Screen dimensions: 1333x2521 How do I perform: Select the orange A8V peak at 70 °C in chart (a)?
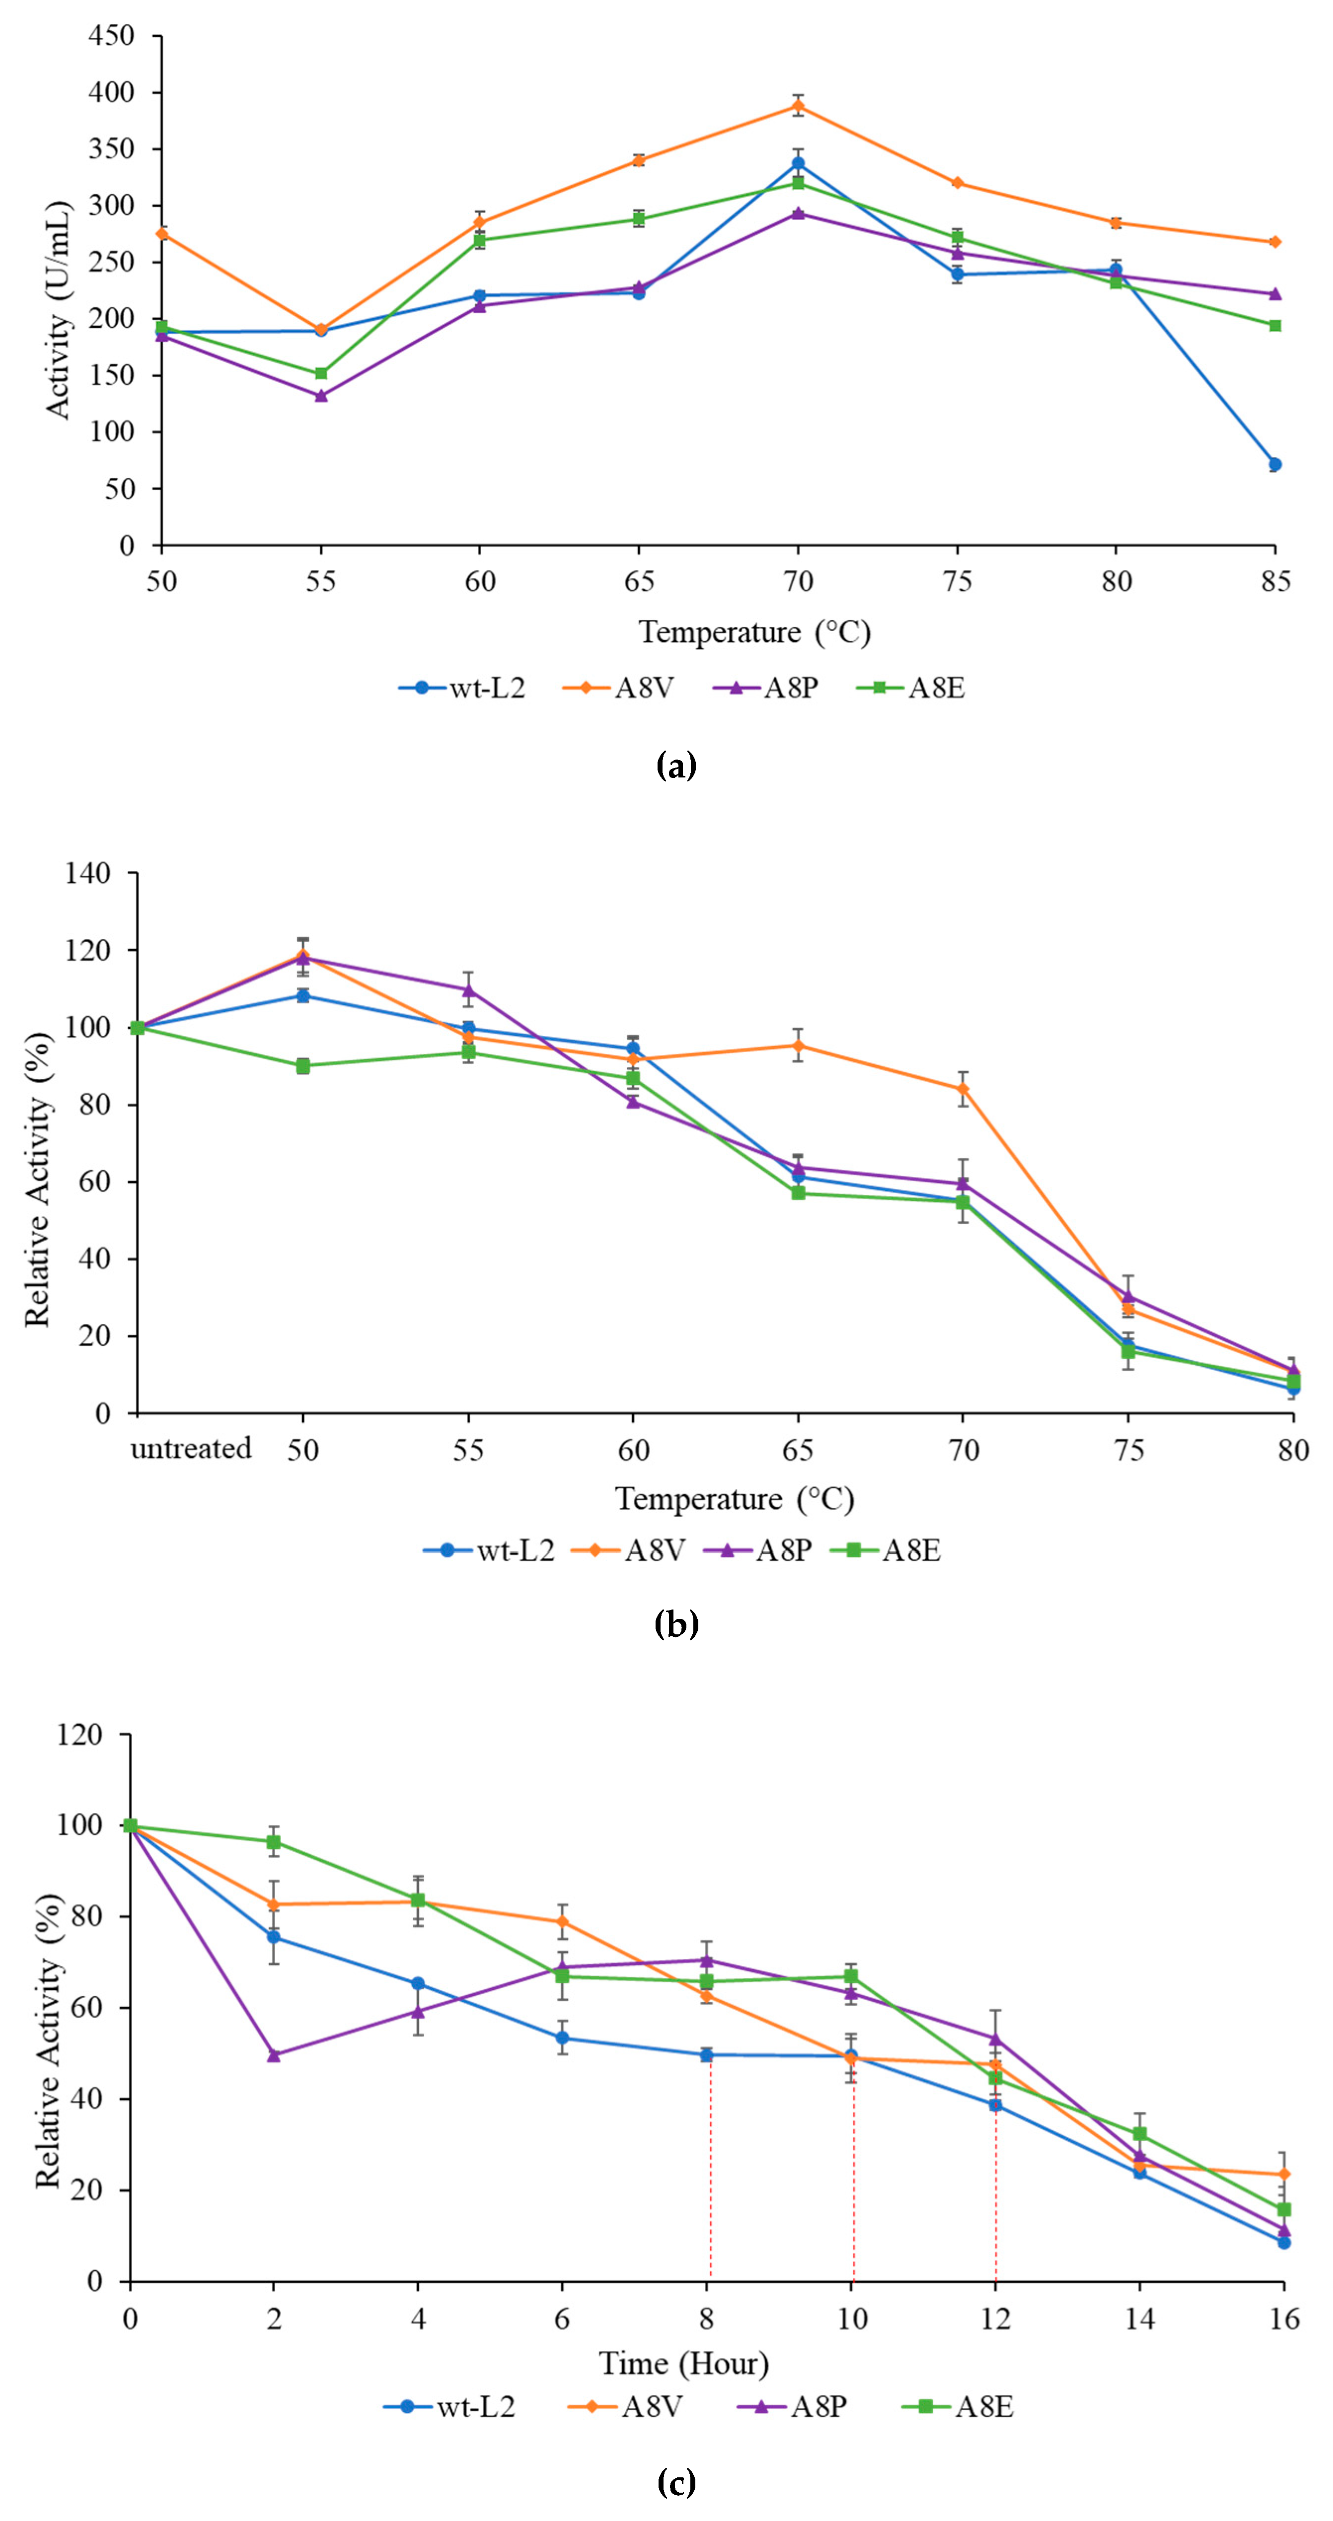tap(798, 106)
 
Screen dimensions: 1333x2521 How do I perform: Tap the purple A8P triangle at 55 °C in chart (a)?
tap(321, 395)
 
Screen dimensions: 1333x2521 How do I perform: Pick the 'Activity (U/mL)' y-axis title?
tap(59, 309)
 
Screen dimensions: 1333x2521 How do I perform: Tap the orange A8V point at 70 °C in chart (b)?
tap(963, 1088)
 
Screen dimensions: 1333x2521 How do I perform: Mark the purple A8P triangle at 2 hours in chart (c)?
tap(274, 2055)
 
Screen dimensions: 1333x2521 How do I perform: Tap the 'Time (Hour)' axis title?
tap(684, 2364)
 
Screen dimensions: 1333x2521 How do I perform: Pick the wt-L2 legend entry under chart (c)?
tap(450, 2406)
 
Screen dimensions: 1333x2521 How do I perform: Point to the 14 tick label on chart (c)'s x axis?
tap(1139, 2318)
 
